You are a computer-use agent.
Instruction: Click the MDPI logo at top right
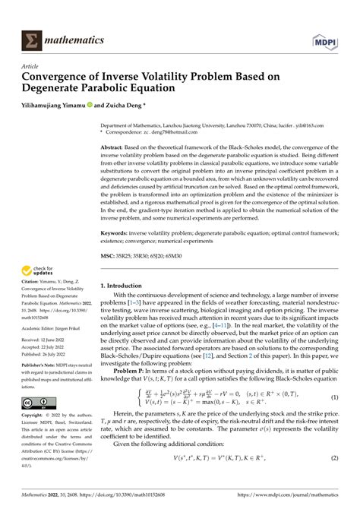tap(327, 38)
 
